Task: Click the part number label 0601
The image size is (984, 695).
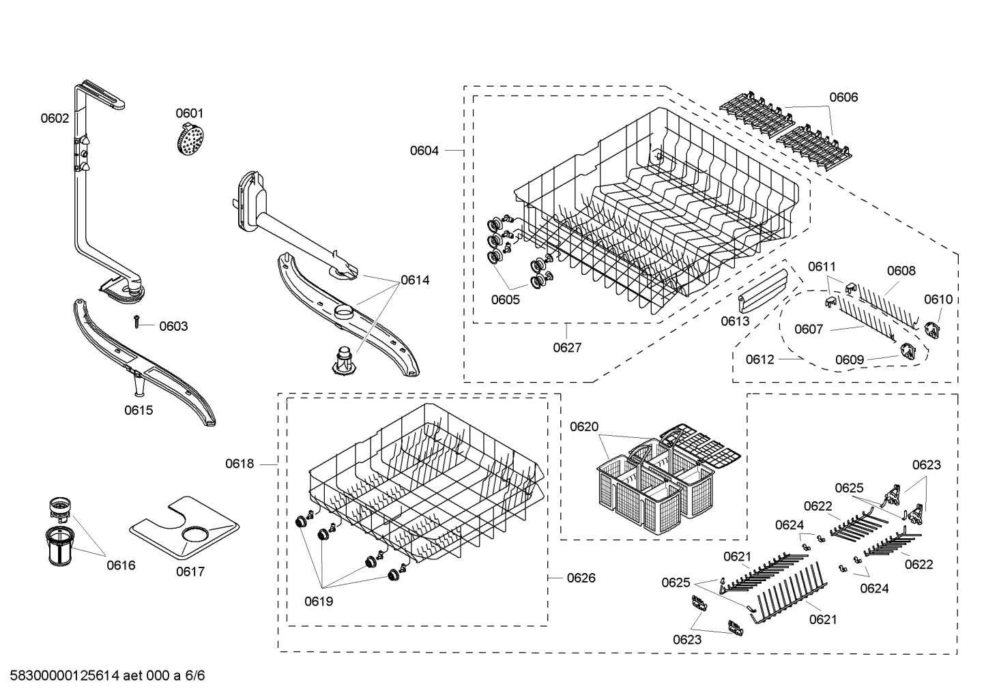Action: (189, 113)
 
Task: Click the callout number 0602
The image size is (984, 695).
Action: (55, 118)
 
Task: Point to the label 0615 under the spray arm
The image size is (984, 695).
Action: (139, 410)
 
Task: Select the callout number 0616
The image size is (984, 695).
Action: (121, 565)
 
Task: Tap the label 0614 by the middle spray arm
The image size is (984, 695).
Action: (415, 280)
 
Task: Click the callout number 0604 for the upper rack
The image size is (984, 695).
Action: (424, 150)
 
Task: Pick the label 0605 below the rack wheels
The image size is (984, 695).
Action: (505, 299)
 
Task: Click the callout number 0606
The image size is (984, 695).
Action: (843, 97)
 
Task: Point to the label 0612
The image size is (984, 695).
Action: (759, 359)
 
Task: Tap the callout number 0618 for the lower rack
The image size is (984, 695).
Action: (240, 464)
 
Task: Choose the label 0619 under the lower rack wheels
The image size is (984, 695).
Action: (319, 602)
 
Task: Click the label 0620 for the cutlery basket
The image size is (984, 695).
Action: (583, 427)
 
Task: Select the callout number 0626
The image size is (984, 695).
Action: (581, 578)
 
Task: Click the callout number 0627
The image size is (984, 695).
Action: (567, 347)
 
